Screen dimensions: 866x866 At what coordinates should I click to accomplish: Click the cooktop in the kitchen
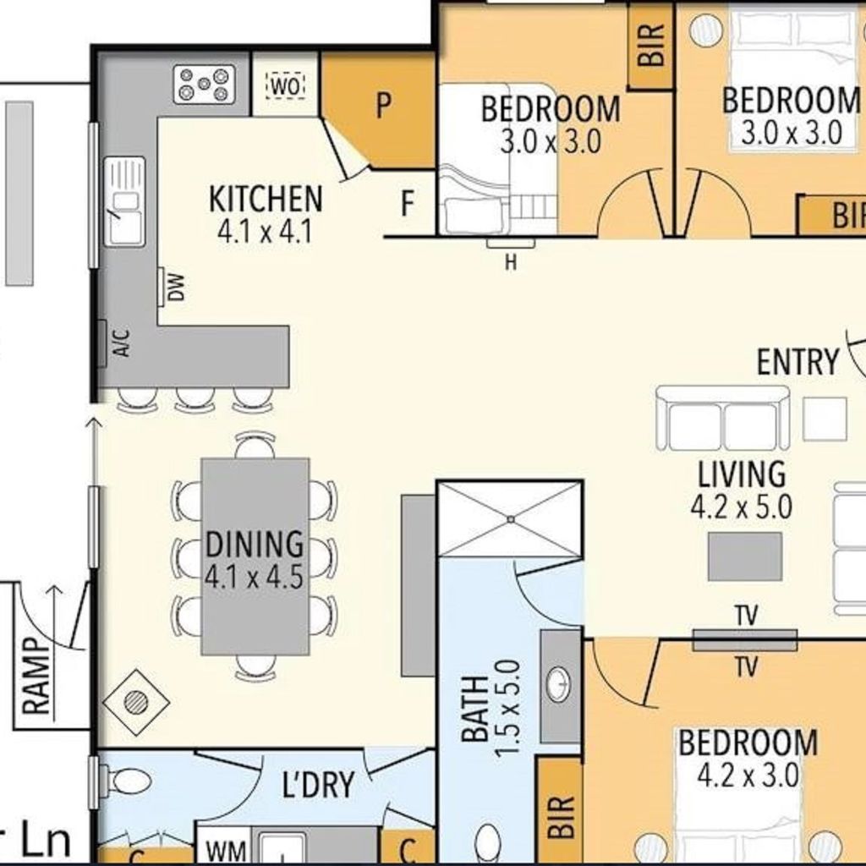[x=205, y=85]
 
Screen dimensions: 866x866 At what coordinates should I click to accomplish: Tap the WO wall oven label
[x=287, y=87]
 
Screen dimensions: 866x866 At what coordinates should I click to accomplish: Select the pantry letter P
[x=383, y=105]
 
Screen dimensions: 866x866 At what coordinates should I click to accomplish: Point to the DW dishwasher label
[x=176, y=288]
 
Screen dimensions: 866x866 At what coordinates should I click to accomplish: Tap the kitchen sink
[x=125, y=201]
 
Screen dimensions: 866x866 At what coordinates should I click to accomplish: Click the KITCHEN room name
[x=266, y=199]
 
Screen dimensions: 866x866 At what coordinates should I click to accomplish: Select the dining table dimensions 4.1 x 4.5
[x=254, y=577]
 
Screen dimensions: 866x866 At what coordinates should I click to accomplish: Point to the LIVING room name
[x=742, y=474]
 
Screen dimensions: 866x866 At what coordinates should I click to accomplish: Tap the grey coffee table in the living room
[x=745, y=556]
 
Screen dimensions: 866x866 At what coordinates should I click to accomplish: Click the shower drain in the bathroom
[x=511, y=519]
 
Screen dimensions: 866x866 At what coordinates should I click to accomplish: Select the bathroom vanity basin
[x=559, y=685]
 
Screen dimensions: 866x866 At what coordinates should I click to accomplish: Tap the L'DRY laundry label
[x=318, y=784]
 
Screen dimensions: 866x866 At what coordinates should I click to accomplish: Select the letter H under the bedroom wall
[x=511, y=264]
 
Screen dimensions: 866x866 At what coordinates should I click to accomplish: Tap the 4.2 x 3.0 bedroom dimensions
[x=748, y=775]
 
